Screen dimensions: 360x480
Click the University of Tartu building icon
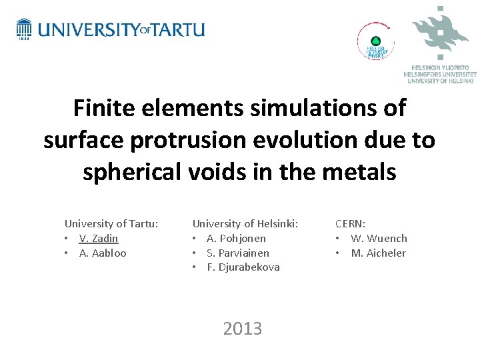(x=24, y=29)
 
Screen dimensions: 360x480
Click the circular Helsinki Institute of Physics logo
(x=375, y=41)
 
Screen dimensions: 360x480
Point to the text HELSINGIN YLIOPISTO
(x=440, y=68)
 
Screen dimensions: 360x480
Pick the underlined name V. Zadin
(x=98, y=239)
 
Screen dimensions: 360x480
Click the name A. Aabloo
(x=102, y=253)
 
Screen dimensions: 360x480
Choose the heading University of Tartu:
(x=111, y=224)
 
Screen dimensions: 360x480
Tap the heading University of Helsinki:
(x=245, y=224)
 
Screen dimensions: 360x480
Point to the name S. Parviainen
(x=238, y=253)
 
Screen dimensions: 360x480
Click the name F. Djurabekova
(x=243, y=267)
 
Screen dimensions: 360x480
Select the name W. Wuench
(x=379, y=239)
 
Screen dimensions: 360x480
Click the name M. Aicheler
(x=378, y=253)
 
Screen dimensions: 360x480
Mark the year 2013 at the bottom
(x=243, y=329)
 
